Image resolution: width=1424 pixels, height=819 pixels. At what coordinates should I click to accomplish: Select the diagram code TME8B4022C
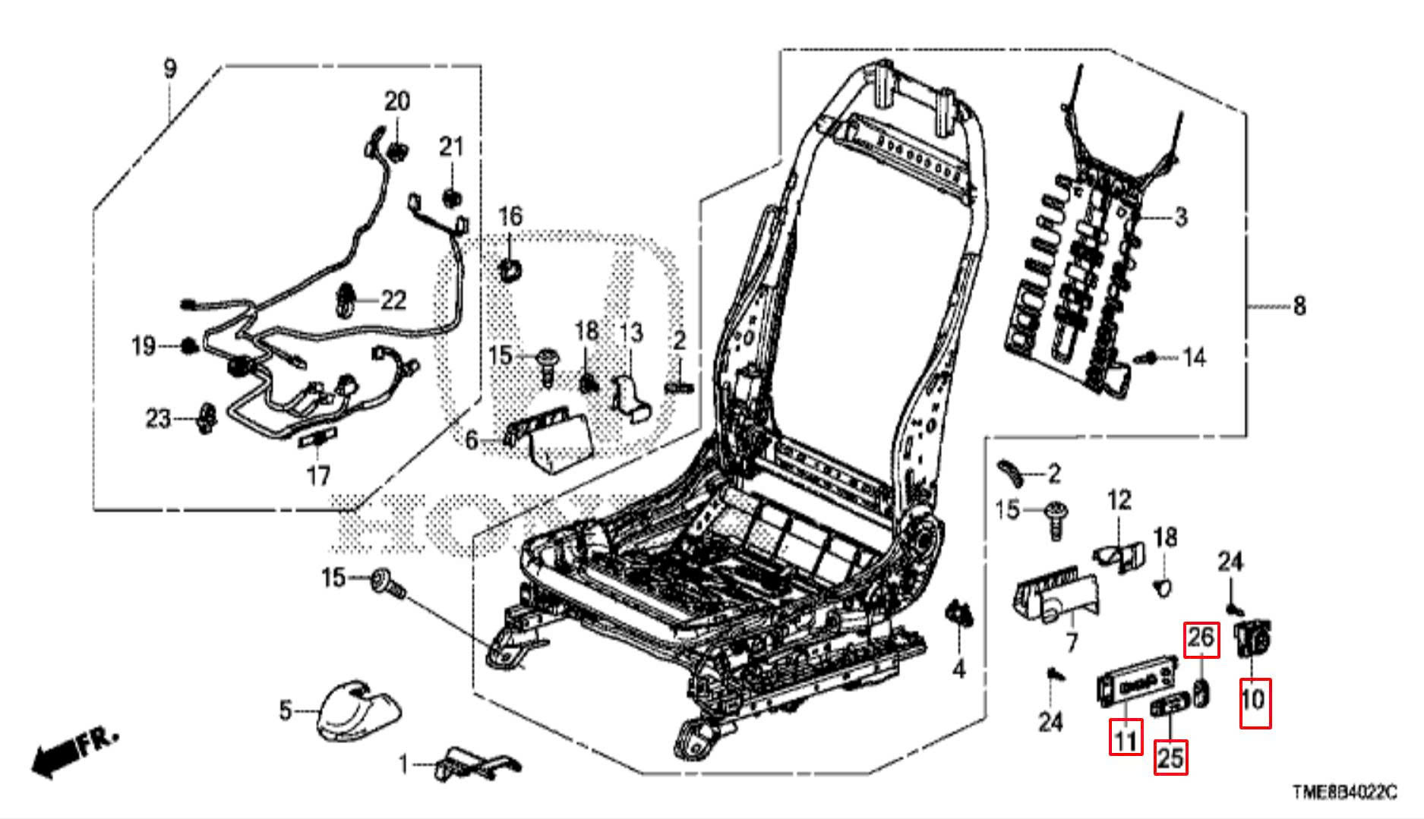click(x=1343, y=792)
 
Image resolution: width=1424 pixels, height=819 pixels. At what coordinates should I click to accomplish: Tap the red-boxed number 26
click(x=1201, y=640)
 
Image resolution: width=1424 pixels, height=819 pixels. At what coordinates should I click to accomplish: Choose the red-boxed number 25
click(x=1170, y=757)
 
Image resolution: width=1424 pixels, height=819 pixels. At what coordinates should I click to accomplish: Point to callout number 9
click(x=170, y=69)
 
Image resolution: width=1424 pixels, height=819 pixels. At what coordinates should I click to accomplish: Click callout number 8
click(x=1299, y=306)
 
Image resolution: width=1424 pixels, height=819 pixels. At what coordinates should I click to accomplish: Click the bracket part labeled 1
click(x=475, y=763)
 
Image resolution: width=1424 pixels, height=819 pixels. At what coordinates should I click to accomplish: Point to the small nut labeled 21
click(x=452, y=197)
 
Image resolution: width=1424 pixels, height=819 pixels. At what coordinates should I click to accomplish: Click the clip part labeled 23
click(x=205, y=418)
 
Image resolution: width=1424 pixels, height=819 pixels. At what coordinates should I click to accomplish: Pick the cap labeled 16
click(x=510, y=267)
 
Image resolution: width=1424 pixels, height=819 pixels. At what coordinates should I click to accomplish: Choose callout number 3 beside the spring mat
click(x=1179, y=217)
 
